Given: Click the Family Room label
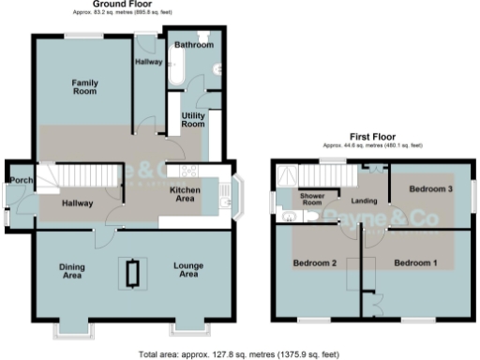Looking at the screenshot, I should point(85,87).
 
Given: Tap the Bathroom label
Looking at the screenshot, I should point(193,44).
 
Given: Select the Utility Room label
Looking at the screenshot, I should point(193,119).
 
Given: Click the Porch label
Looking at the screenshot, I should point(17,180).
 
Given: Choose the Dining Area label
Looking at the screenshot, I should point(72,271).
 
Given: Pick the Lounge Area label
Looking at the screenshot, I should point(188,271).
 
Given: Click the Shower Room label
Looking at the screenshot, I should point(311,199).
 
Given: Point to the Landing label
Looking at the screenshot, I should point(364,200).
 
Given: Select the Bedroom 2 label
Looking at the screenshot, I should point(315,262).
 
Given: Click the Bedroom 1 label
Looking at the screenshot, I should point(414,262).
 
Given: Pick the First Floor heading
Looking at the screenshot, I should point(372,137).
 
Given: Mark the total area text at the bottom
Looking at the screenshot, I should point(237,354).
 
